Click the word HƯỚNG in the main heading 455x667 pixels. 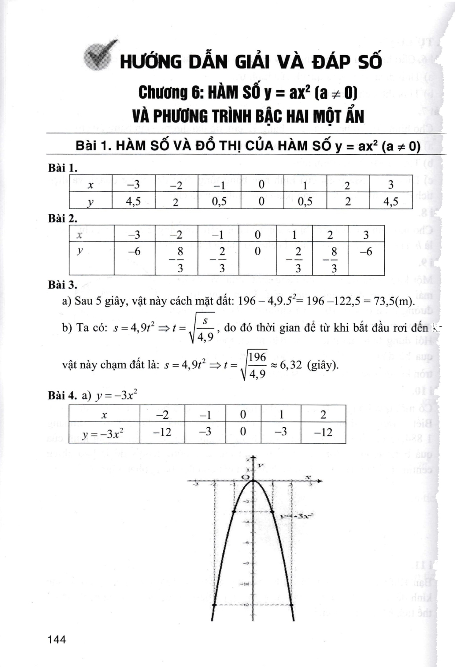[x=150, y=62]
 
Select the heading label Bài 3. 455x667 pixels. [x=63, y=284]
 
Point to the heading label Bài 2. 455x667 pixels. [x=63, y=218]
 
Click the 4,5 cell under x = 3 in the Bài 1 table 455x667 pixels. [x=391, y=201]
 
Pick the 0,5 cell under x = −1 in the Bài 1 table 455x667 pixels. [x=219, y=201]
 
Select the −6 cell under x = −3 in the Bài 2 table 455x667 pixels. [x=134, y=252]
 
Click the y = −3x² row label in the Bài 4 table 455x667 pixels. [x=104, y=433]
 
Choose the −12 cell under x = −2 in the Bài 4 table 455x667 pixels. [x=162, y=432]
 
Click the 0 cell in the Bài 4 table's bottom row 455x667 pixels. [x=243, y=432]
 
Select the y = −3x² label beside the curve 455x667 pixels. [x=297, y=516]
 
